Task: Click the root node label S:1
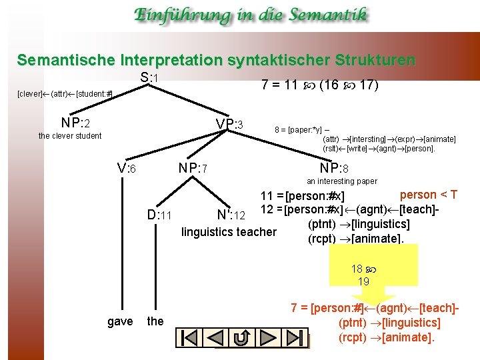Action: click(x=149, y=79)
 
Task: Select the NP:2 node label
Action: click(x=75, y=123)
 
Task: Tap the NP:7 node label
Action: click(x=195, y=169)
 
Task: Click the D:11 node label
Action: click(x=160, y=215)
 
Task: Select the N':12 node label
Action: click(x=232, y=215)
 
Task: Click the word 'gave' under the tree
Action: click(x=120, y=321)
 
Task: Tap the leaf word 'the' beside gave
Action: click(x=155, y=321)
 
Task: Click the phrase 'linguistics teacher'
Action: click(x=229, y=232)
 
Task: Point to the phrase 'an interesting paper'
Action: click(x=341, y=181)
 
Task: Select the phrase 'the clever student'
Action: click(x=70, y=136)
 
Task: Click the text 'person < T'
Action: click(x=428, y=195)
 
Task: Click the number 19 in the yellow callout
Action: click(x=363, y=281)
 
